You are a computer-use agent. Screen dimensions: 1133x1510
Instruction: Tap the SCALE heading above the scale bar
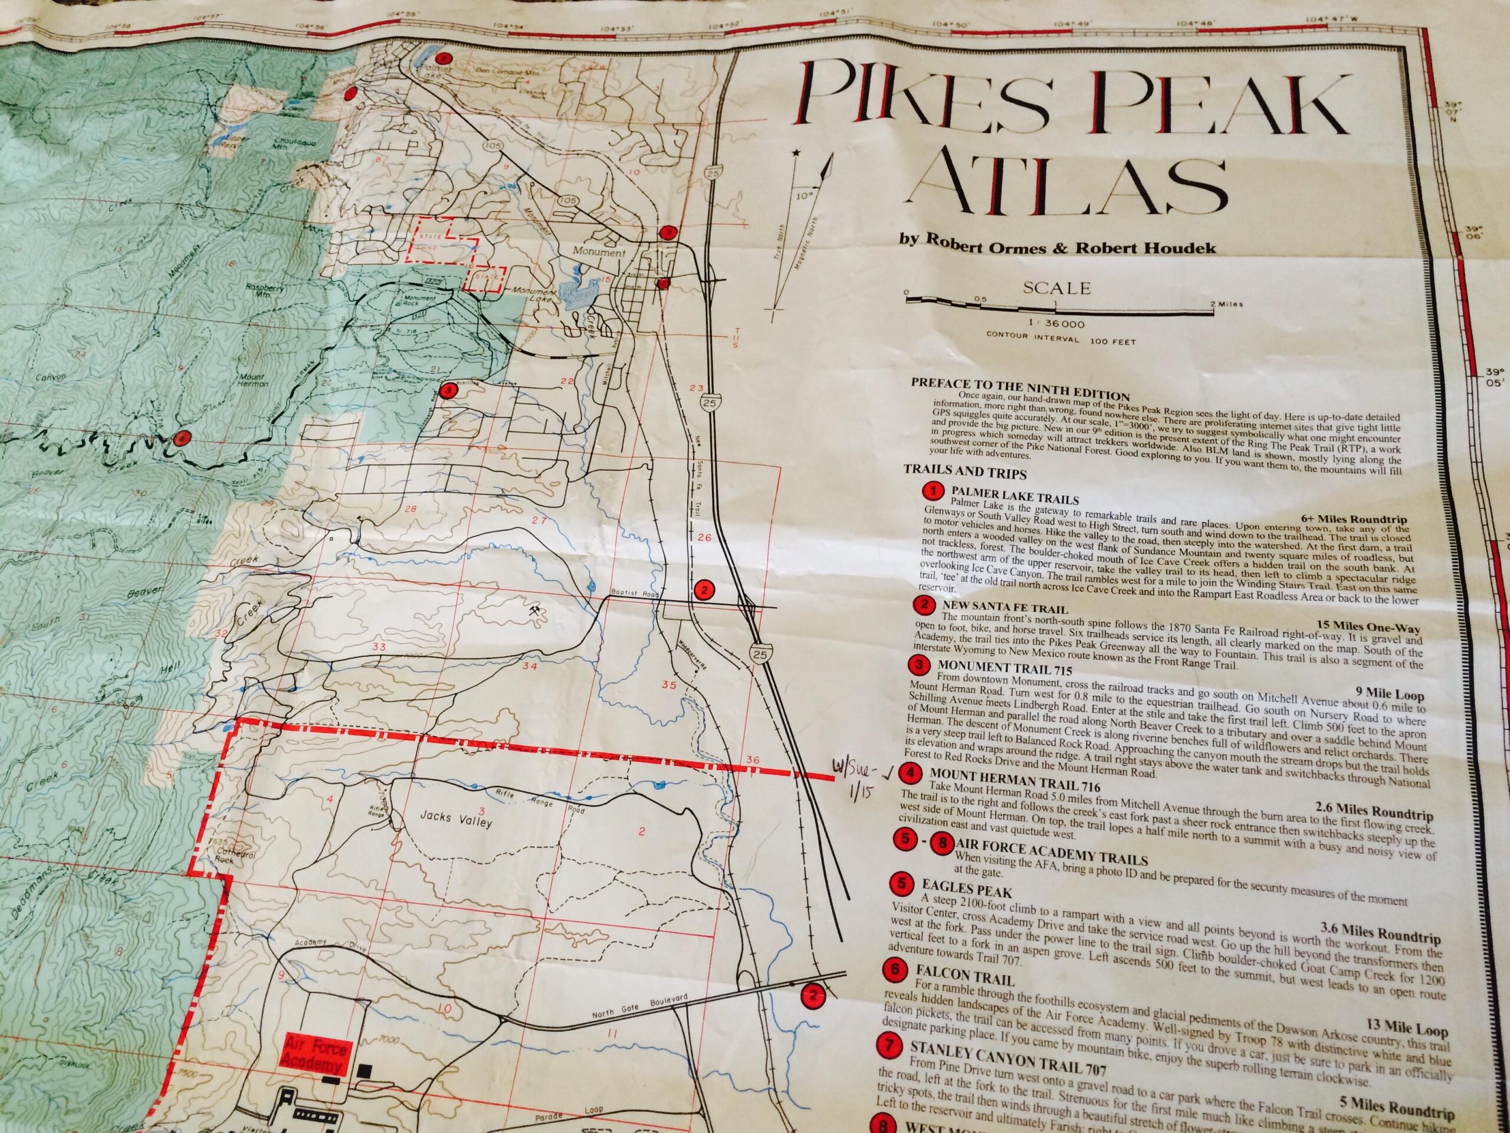(1058, 288)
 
